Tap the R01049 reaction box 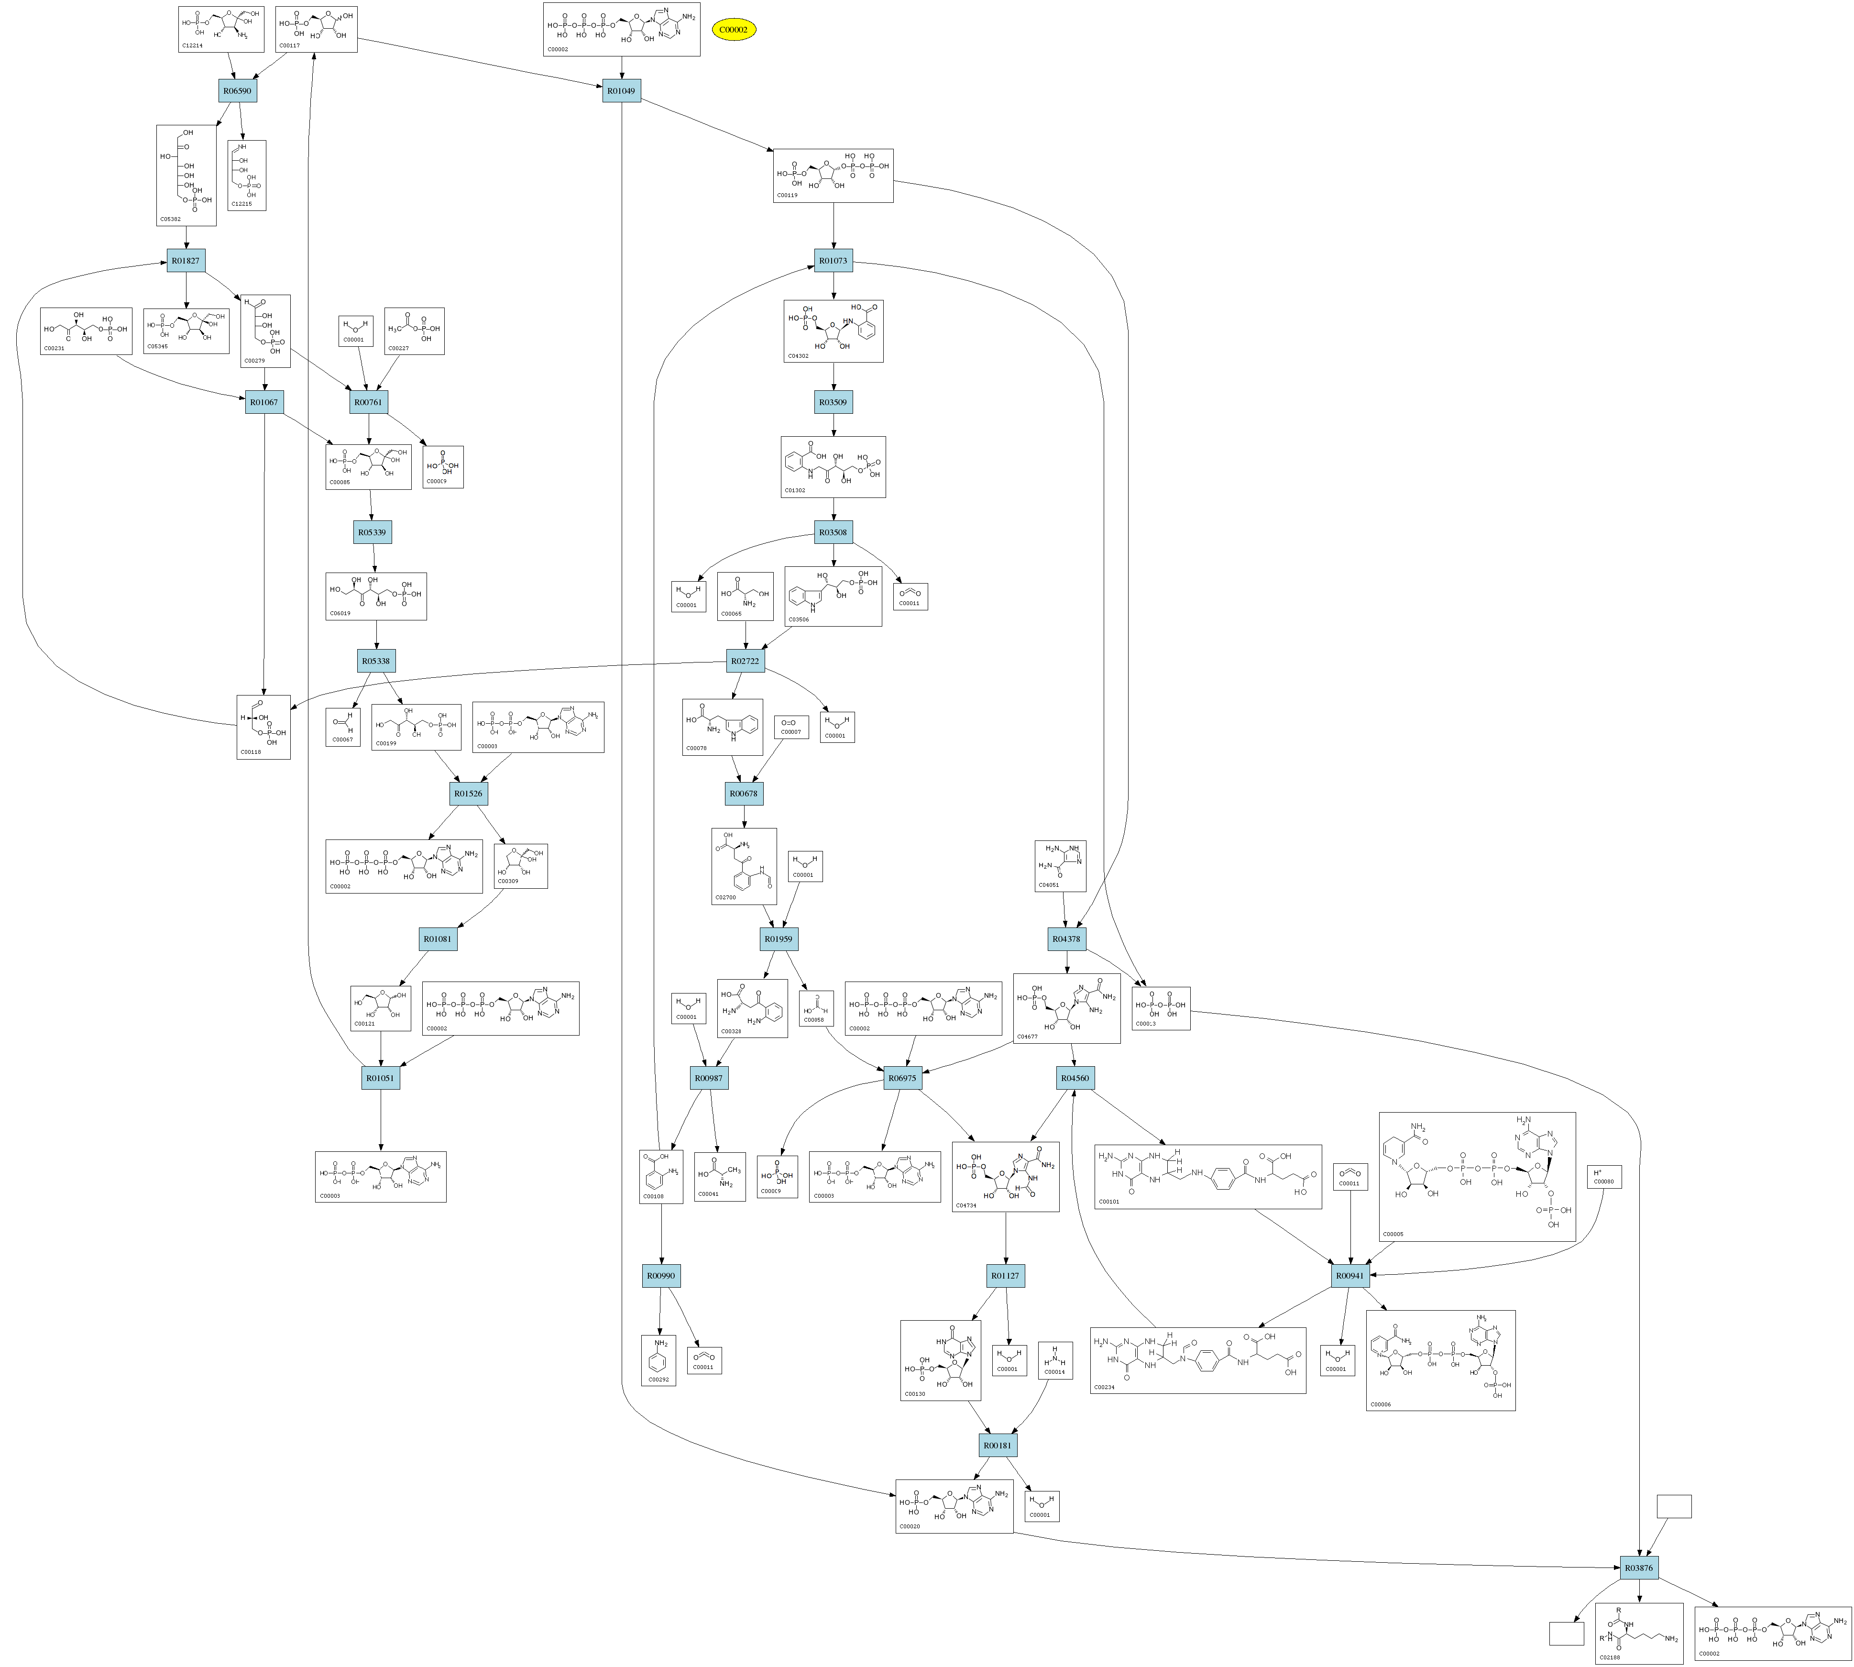[621, 91]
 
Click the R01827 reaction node [186, 261]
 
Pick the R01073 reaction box [833, 261]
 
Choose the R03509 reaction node [833, 402]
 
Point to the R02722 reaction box [745, 661]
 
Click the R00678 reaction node [744, 793]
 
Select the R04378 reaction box [1066, 939]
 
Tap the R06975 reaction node [902, 1078]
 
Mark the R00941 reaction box [1349, 1275]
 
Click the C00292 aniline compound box [659, 1360]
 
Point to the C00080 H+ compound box [1604, 1177]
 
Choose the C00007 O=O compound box [791, 727]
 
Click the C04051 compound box [1060, 866]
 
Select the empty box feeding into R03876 [1674, 1507]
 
